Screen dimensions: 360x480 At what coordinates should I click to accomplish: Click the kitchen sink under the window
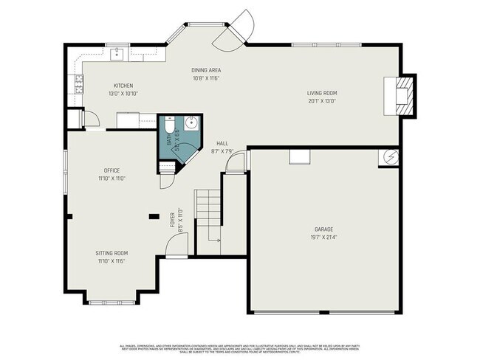click(x=117, y=53)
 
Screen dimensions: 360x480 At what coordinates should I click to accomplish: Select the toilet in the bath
click(x=169, y=124)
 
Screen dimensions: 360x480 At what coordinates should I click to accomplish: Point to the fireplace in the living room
click(x=402, y=95)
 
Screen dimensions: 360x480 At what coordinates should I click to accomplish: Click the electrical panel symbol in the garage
click(x=390, y=156)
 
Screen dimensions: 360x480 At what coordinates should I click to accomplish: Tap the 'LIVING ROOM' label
click(x=322, y=93)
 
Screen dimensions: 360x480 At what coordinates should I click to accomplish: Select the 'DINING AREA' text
click(x=206, y=70)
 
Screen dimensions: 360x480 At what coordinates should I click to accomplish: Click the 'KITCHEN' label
click(x=123, y=86)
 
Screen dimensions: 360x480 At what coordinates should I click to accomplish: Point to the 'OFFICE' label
click(x=112, y=170)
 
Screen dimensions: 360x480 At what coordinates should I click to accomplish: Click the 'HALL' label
click(x=222, y=143)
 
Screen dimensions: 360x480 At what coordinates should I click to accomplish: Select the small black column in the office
click(x=154, y=216)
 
